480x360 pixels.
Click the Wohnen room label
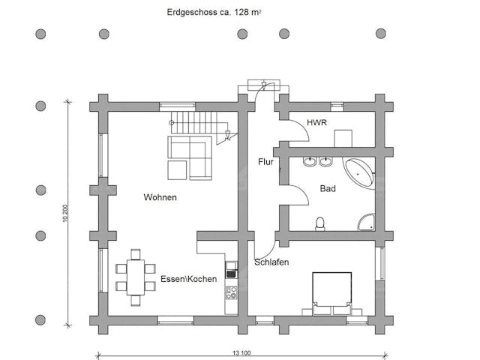coord(160,197)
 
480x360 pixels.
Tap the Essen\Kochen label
coord(188,279)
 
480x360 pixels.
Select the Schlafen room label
coord(271,262)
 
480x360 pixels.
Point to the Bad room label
coord(328,189)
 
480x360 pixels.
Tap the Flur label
coord(265,161)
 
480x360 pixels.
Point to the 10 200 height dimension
coord(65,213)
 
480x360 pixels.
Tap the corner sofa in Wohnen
coord(189,157)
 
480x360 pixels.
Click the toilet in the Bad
coord(320,223)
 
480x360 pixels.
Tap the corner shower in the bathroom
coord(366,220)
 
